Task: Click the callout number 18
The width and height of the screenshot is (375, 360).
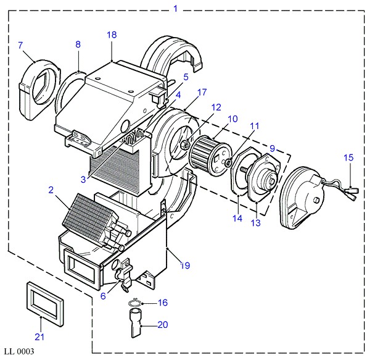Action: coord(112,35)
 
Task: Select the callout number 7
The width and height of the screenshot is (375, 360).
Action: coord(20,45)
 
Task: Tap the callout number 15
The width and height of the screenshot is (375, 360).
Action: coord(348,157)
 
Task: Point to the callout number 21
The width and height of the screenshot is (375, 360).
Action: coord(39,337)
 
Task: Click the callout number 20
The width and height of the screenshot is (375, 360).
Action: coord(163,325)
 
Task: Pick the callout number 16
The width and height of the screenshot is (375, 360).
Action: coord(163,303)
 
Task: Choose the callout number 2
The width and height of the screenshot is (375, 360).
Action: coord(51,190)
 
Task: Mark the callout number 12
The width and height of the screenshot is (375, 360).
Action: coord(216,107)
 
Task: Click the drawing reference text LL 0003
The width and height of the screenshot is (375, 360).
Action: coord(19,351)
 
